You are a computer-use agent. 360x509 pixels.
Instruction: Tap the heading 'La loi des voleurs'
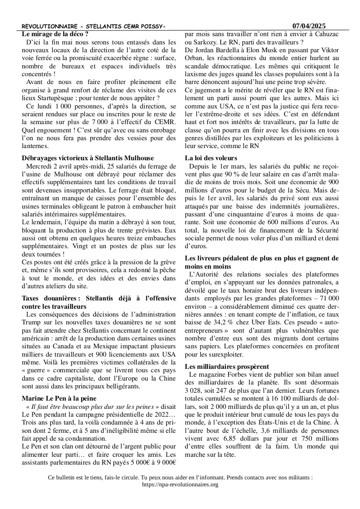[x=211, y=158]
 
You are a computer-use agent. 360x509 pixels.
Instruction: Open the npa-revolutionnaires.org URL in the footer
[x=180, y=484]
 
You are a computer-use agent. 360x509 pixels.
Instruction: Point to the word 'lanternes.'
[x=37, y=145]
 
